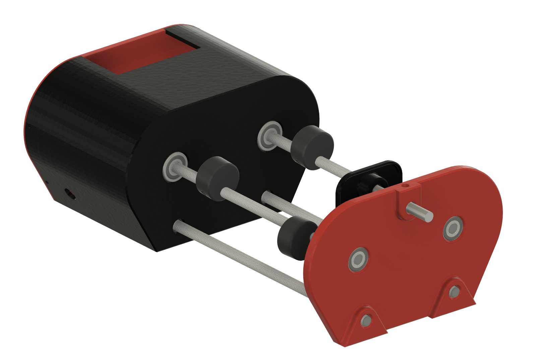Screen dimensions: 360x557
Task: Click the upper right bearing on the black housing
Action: [269, 136]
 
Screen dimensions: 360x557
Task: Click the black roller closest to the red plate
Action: [293, 237]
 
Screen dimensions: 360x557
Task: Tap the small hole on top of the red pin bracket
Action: [406, 185]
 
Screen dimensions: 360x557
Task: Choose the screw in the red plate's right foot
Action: [454, 291]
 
